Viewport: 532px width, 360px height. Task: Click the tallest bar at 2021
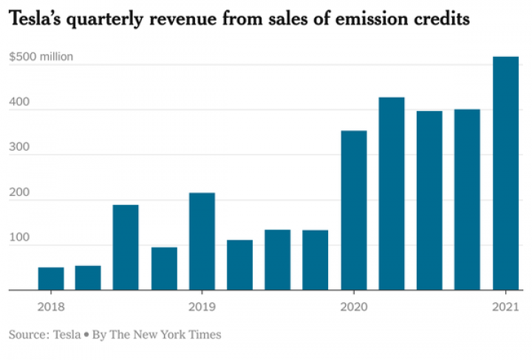coord(505,174)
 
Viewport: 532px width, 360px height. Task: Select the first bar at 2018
coord(50,279)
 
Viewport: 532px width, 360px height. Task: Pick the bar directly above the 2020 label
coord(354,211)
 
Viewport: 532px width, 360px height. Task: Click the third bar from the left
coord(126,248)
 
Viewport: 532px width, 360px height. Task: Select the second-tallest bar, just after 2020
coord(392,194)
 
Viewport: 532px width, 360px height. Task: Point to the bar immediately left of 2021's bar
coord(467,200)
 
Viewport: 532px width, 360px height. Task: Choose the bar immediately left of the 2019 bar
coord(164,268)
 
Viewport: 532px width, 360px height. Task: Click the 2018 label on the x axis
coord(50,307)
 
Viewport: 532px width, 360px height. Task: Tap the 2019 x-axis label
coord(202,307)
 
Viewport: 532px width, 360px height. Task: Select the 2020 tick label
coord(354,307)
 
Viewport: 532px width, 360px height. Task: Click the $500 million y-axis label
coord(41,57)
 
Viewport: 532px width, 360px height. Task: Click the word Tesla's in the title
coord(36,20)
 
